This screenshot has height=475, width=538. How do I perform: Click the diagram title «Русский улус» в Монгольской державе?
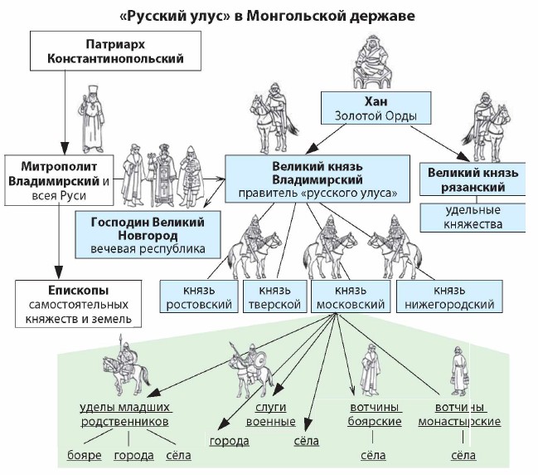(x=269, y=16)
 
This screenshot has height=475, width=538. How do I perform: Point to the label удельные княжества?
(x=473, y=215)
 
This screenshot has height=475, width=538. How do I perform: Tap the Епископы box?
(x=78, y=302)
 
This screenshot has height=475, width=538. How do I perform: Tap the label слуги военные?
(x=271, y=414)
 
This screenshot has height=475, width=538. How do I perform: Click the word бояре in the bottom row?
(x=85, y=456)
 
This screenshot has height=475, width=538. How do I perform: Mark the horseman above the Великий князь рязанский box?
(x=487, y=122)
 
